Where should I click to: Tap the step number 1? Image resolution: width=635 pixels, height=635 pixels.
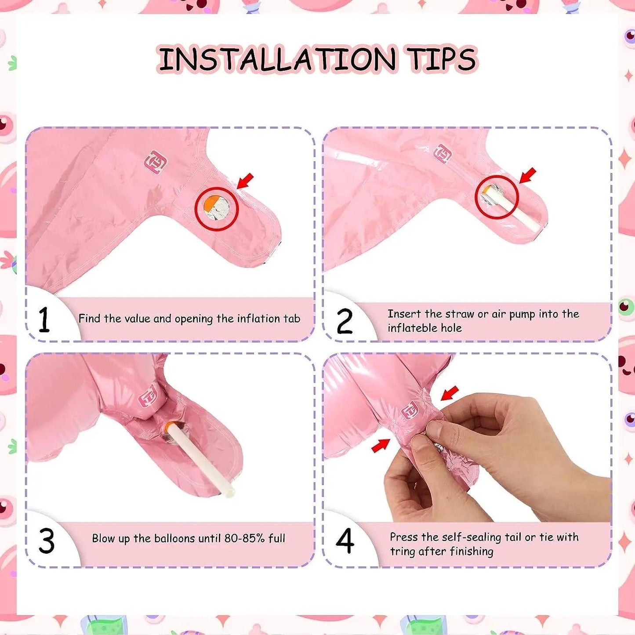click(44, 319)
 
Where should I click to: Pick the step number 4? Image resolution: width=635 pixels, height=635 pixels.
click(345, 541)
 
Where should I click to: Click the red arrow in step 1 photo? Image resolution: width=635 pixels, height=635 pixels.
click(245, 181)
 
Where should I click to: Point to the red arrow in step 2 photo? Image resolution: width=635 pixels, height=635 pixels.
click(528, 175)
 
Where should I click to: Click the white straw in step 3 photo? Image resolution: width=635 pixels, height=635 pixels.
click(201, 460)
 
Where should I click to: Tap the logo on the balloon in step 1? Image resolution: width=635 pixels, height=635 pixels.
click(156, 160)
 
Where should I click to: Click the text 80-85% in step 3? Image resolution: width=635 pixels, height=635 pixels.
click(245, 538)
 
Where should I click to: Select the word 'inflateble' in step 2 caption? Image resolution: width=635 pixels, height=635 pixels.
click(409, 328)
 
